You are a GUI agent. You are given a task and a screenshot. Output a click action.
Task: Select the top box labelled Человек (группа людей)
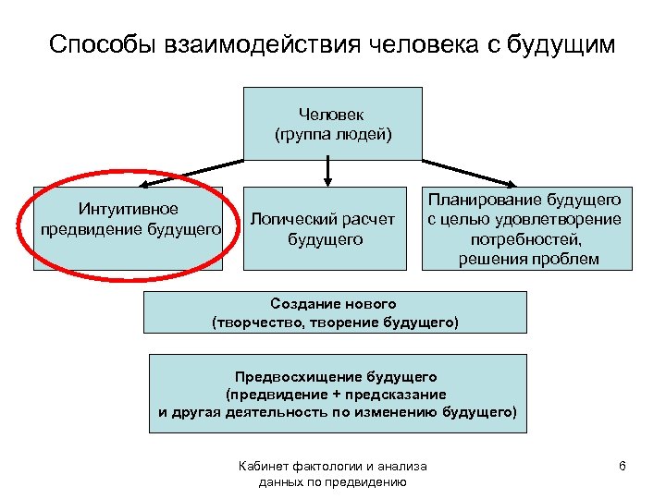[x=333, y=124]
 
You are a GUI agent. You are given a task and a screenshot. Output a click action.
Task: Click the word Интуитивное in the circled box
[x=129, y=209]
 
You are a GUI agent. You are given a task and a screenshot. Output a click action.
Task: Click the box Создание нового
[x=335, y=312]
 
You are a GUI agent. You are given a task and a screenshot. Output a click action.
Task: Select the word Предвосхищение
[x=300, y=376]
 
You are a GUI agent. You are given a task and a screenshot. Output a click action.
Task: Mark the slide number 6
[x=623, y=466]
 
